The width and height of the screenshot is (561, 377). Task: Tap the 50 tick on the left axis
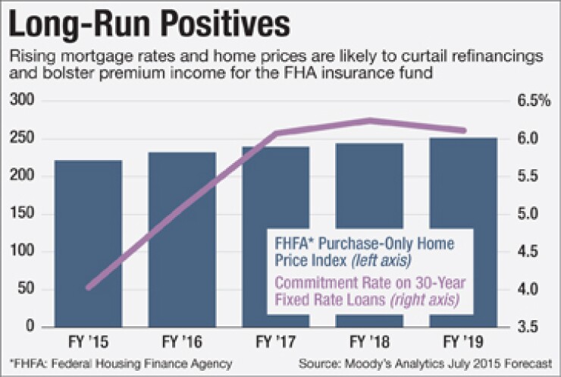(30, 290)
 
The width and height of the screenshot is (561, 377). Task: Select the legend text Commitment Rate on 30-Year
(367, 284)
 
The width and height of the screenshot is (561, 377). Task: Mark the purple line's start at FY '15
(88, 287)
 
